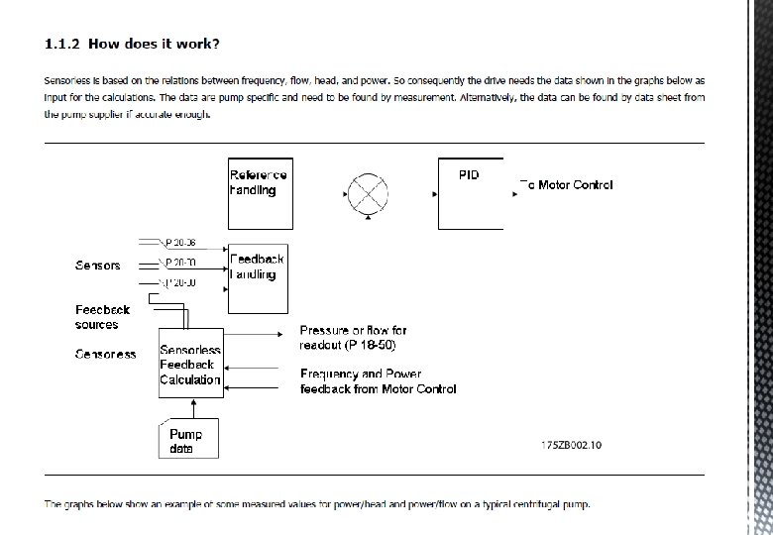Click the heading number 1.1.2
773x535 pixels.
click(64, 44)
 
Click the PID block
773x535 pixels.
click(471, 192)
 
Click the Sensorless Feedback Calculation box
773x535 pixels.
click(190, 363)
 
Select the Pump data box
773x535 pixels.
click(188, 440)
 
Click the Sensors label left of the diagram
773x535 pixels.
click(98, 266)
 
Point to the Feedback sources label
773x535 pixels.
click(103, 317)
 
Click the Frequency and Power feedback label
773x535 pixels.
click(378, 381)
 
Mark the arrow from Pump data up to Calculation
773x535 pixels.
click(194, 408)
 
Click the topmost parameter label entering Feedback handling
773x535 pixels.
click(180, 242)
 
